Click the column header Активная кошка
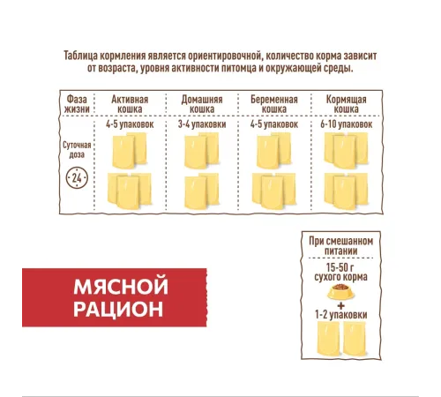click(130, 104)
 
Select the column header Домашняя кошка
click(202, 104)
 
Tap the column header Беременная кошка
click(274, 104)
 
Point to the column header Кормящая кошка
click(347, 104)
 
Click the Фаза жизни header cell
click(77, 104)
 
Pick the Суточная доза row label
click(77, 150)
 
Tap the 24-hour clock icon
click(77, 178)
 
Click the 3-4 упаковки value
click(202, 124)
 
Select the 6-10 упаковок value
click(347, 124)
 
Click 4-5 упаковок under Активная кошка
click(130, 124)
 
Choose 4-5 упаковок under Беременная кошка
click(274, 124)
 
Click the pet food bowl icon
click(340, 292)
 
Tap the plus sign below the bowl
click(341, 306)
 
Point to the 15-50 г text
click(340, 267)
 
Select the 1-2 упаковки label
click(341, 315)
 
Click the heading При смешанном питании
click(341, 246)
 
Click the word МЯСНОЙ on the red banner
click(121, 286)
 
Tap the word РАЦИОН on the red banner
click(118, 309)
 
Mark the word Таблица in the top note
click(80, 56)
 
